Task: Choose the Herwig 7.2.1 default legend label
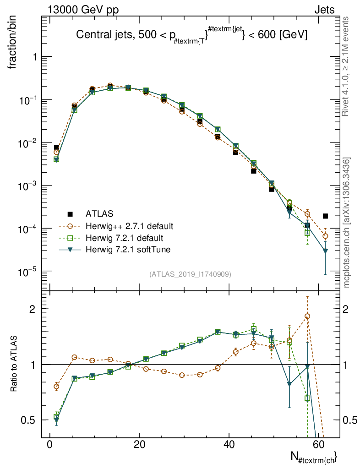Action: click(124, 238)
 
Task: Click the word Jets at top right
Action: click(324, 10)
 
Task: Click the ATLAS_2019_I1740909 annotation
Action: click(190, 274)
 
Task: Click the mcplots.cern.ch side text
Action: click(347, 223)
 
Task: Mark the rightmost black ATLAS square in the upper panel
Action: click(325, 216)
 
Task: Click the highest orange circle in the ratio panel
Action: click(307, 316)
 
